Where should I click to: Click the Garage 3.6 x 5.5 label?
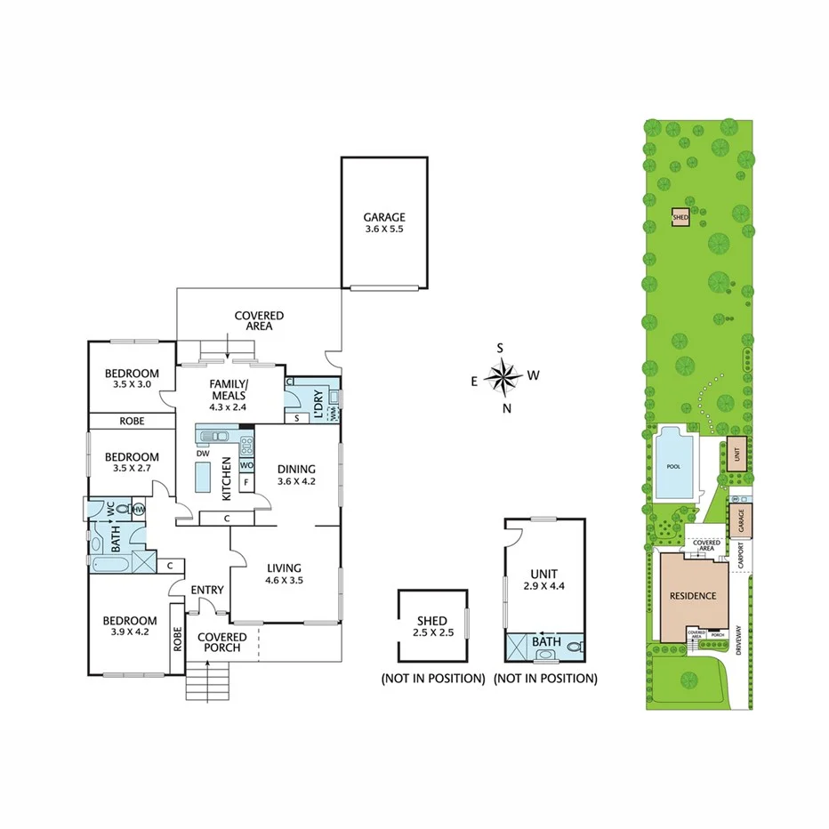click(x=383, y=223)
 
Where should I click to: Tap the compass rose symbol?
click(x=504, y=378)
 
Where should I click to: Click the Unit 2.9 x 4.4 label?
click(x=544, y=580)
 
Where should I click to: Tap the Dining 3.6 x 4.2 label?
click(x=296, y=476)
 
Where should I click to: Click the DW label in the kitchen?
click(x=203, y=453)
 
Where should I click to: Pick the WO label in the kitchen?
click(x=246, y=465)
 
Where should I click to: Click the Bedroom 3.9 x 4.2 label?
click(x=129, y=627)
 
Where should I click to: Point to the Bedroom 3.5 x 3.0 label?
click(x=131, y=379)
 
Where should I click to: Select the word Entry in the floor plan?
click(x=207, y=590)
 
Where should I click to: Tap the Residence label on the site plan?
click(x=692, y=595)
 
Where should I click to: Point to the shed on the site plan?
click(x=680, y=216)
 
